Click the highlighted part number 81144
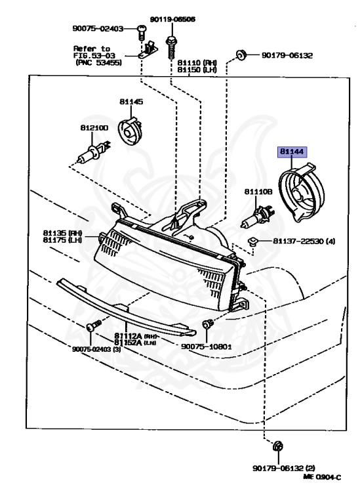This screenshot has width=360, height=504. [292, 152]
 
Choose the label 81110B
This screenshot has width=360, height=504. [258, 191]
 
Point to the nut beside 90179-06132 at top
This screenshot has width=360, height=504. [240, 54]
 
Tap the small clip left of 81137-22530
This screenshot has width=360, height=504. [252, 243]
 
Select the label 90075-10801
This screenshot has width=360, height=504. [207, 345]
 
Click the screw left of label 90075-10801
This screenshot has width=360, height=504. [207, 324]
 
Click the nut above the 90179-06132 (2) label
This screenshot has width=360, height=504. [277, 447]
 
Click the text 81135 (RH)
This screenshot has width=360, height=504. [62, 232]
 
